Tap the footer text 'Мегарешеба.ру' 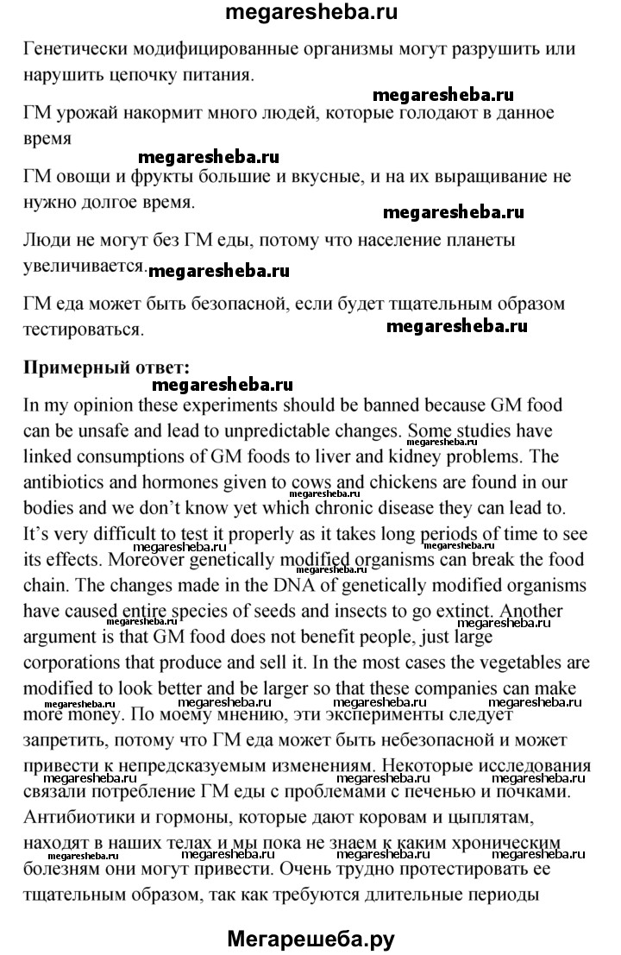click(x=310, y=935)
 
